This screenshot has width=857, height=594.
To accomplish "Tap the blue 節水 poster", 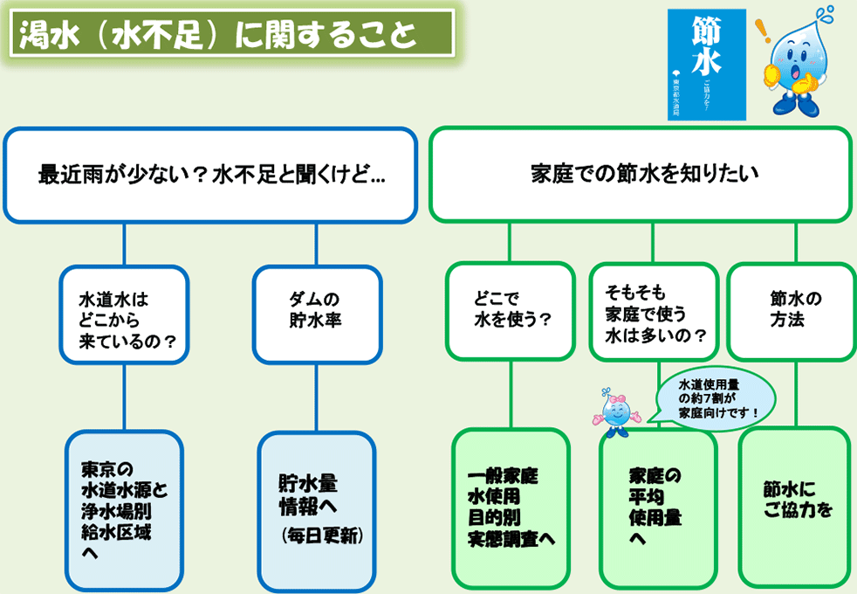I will pyautogui.click(x=706, y=65).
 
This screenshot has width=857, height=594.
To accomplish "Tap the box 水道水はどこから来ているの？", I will pyautogui.click(x=123, y=314).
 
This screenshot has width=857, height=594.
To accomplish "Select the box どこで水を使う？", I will pyautogui.click(x=511, y=311).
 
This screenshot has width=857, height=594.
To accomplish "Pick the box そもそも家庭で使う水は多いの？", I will pyautogui.click(x=654, y=313).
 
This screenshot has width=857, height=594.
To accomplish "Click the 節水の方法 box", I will pyautogui.click(x=790, y=313).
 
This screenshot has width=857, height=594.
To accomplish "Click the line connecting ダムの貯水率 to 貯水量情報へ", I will pyautogui.click(x=317, y=397).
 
